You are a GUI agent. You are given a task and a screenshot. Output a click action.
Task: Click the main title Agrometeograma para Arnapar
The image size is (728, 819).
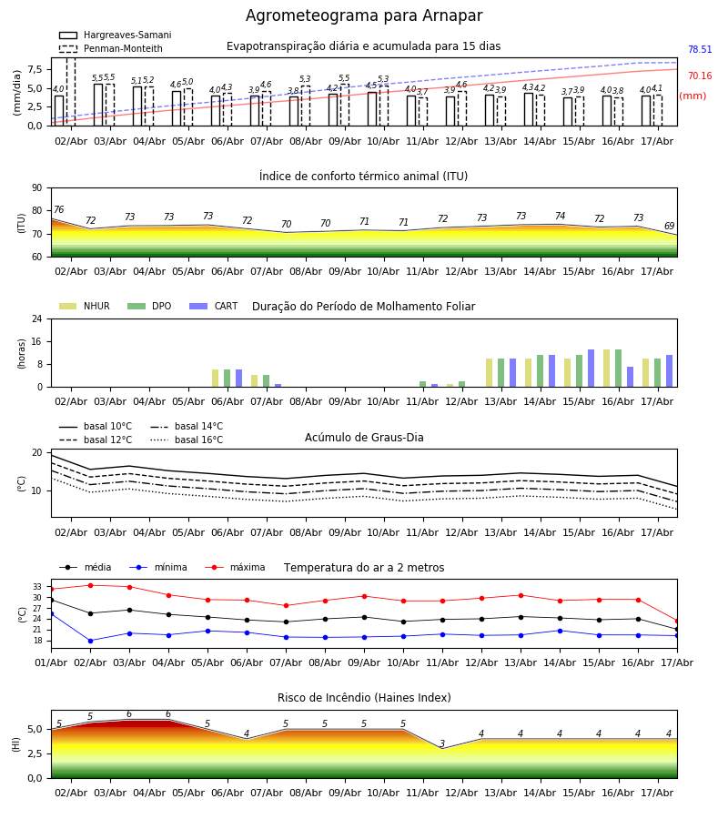click(x=364, y=15)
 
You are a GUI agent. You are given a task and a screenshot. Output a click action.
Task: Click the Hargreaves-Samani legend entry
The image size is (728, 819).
click(x=115, y=35)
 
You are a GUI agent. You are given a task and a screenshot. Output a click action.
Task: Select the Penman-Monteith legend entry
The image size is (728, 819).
click(x=111, y=48)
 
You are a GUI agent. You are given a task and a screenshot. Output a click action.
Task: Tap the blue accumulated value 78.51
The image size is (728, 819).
click(x=700, y=50)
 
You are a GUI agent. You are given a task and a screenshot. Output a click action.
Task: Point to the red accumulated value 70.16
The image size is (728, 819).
click(x=700, y=76)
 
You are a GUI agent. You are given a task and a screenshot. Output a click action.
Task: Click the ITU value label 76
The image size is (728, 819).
click(x=59, y=209)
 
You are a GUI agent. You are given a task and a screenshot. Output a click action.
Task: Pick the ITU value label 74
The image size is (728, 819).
click(x=560, y=216)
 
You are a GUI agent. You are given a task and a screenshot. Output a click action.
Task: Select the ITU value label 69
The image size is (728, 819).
click(x=669, y=226)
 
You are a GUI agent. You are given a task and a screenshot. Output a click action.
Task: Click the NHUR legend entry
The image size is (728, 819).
click(x=85, y=306)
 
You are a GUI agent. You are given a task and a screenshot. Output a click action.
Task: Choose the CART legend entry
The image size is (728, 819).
click(x=214, y=306)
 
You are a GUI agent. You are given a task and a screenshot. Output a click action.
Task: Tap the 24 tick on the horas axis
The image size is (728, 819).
click(x=37, y=319)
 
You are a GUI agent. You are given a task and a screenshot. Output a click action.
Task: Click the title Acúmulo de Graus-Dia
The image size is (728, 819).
click(x=364, y=437)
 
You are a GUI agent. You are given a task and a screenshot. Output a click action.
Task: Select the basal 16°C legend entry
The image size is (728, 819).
click(x=187, y=440)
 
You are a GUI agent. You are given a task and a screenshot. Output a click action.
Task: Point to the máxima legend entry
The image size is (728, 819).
click(x=235, y=567)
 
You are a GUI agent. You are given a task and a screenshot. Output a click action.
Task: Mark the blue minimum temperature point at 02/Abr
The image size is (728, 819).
click(x=90, y=641)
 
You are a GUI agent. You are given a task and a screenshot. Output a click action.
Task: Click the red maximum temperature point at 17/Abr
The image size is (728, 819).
click(x=677, y=622)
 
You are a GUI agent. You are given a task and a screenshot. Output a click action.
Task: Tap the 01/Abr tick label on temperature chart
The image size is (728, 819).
click(x=51, y=662)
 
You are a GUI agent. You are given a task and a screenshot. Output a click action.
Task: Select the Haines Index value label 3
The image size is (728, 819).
click(x=442, y=743)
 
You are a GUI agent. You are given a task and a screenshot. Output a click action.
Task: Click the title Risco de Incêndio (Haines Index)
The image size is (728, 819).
click(x=364, y=697)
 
